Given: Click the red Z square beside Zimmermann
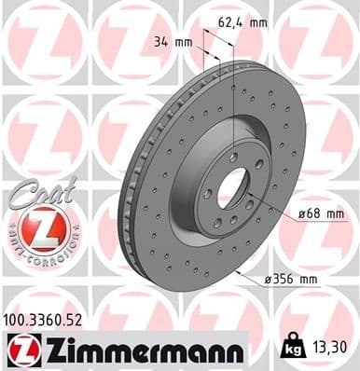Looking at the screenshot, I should [x=19, y=350].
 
